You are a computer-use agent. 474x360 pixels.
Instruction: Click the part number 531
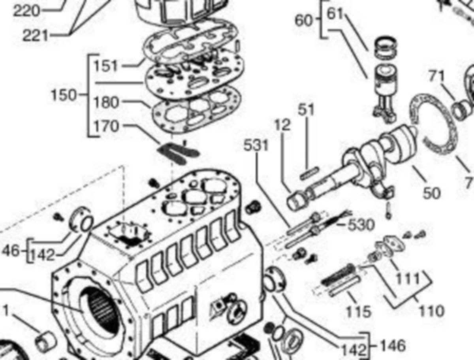pyautogui.click(x=256, y=146)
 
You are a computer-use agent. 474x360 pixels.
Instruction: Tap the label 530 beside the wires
pyautogui.click(x=361, y=225)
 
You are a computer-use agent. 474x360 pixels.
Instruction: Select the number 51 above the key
pyautogui.click(x=306, y=110)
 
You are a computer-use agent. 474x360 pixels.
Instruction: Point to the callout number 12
pyautogui.click(x=281, y=126)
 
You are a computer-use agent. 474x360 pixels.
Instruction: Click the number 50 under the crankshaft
pyautogui.click(x=431, y=193)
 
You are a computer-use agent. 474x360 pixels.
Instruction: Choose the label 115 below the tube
pyautogui.click(x=359, y=311)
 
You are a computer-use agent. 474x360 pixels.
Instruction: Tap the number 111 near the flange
pyautogui.click(x=408, y=279)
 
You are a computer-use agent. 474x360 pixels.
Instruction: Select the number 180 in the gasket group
pyautogui.click(x=106, y=103)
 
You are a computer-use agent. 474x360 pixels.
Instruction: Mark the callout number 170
pyautogui.click(x=106, y=127)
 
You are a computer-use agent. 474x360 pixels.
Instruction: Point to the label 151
pyautogui.click(x=105, y=66)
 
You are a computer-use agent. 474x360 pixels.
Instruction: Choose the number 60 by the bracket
pyautogui.click(x=303, y=21)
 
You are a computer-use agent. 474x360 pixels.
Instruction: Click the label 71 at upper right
pyautogui.click(x=436, y=76)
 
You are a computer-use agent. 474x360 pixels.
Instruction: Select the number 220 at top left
pyautogui.click(x=27, y=10)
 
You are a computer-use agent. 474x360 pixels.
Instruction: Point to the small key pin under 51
pyautogui.click(x=309, y=173)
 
